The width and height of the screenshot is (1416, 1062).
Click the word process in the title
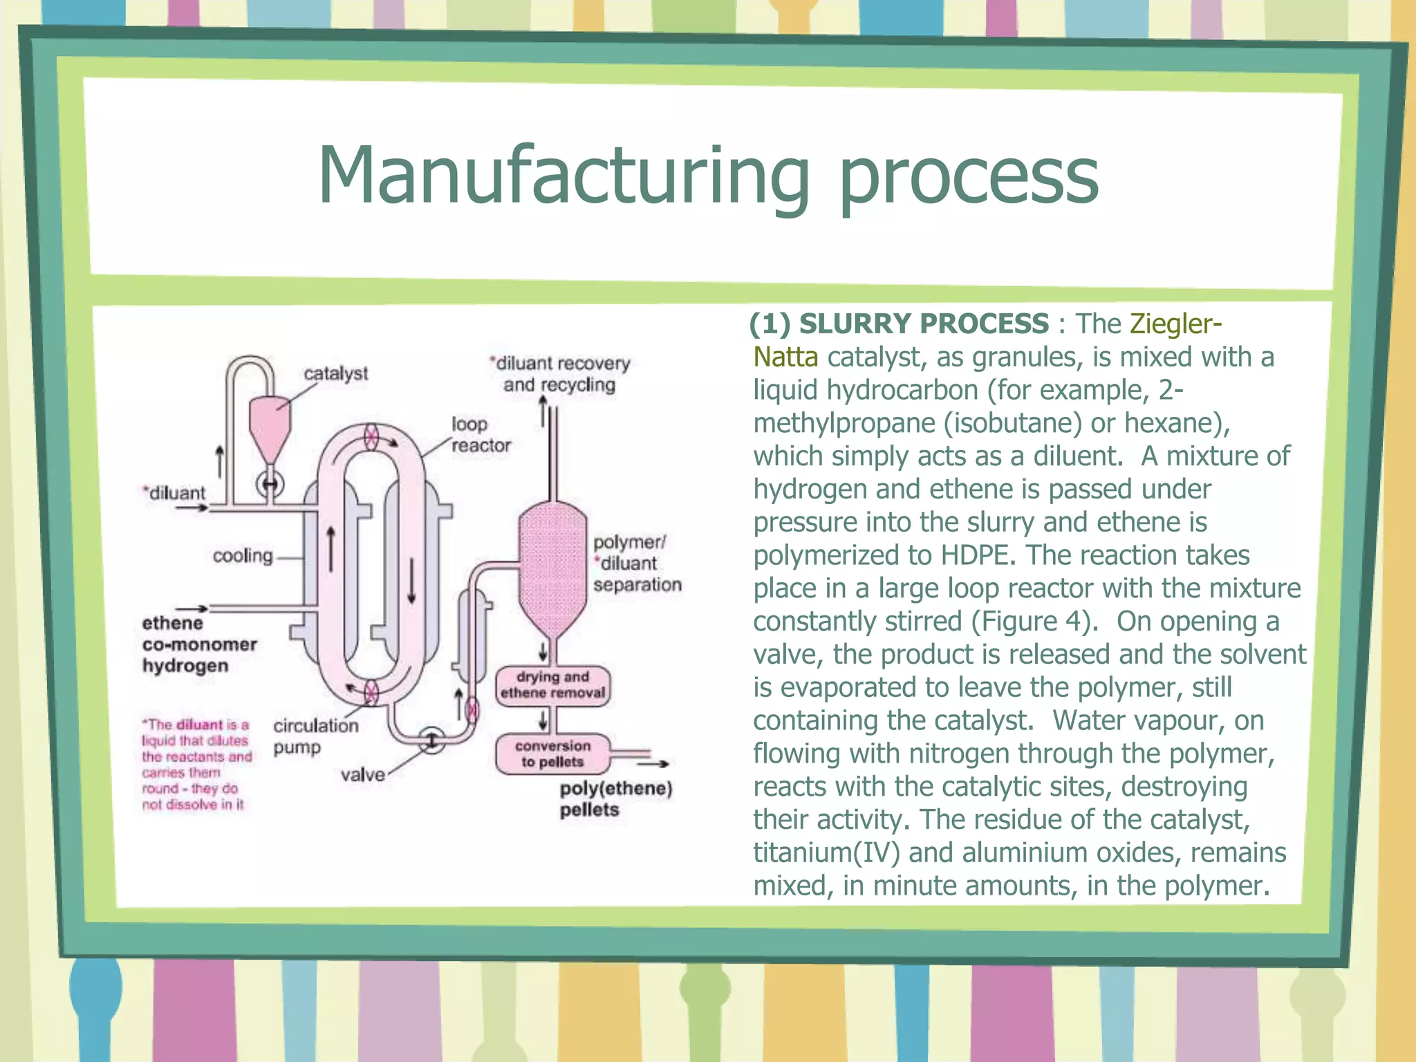coord(968,181)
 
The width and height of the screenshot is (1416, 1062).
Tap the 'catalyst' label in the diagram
coord(336,373)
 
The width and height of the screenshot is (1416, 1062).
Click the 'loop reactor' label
coord(481,435)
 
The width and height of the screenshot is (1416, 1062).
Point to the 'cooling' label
coord(243,556)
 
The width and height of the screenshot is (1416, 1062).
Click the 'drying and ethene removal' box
coord(552,685)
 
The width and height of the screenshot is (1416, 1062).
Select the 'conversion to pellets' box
coord(552,754)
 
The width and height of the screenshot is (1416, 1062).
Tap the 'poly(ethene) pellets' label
coord(615,799)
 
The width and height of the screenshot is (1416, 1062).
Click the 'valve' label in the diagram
coord(362,774)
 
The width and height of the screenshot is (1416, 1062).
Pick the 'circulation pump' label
coord(315,736)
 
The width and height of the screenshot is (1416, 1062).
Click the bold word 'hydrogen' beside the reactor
coord(185,666)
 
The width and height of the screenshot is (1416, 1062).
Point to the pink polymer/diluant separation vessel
coord(552,567)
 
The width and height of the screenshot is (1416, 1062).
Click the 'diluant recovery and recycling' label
coord(559,374)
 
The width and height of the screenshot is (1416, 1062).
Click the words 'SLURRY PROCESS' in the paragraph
coord(924,324)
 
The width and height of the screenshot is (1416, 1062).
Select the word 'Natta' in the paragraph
coord(785,357)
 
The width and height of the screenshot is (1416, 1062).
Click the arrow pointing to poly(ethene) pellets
coord(653,764)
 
